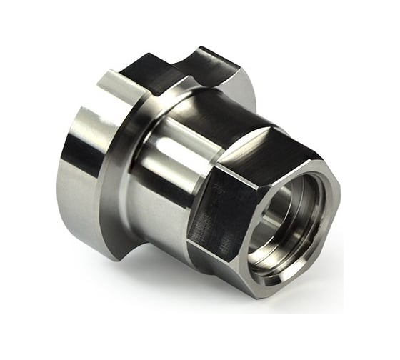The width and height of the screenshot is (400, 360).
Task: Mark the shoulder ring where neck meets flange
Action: (132, 143)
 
